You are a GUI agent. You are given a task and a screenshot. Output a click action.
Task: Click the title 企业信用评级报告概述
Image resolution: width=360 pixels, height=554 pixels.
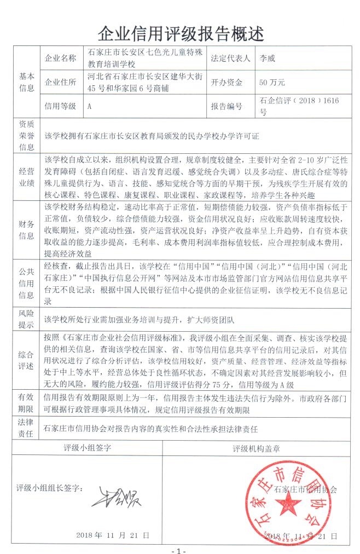tap(180, 33)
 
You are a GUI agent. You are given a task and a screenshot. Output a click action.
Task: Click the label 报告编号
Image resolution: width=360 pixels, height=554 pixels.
tap(226, 106)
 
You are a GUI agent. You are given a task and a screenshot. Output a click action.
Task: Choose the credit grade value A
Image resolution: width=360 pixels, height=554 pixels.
tap(89, 106)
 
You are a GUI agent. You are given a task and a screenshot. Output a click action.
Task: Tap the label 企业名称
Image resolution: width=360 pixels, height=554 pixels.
tap(61, 57)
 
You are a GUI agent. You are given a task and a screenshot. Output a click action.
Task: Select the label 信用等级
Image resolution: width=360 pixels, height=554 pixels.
tap(61, 106)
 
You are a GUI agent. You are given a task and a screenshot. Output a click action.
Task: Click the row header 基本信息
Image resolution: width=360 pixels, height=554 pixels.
tap(27, 82)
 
